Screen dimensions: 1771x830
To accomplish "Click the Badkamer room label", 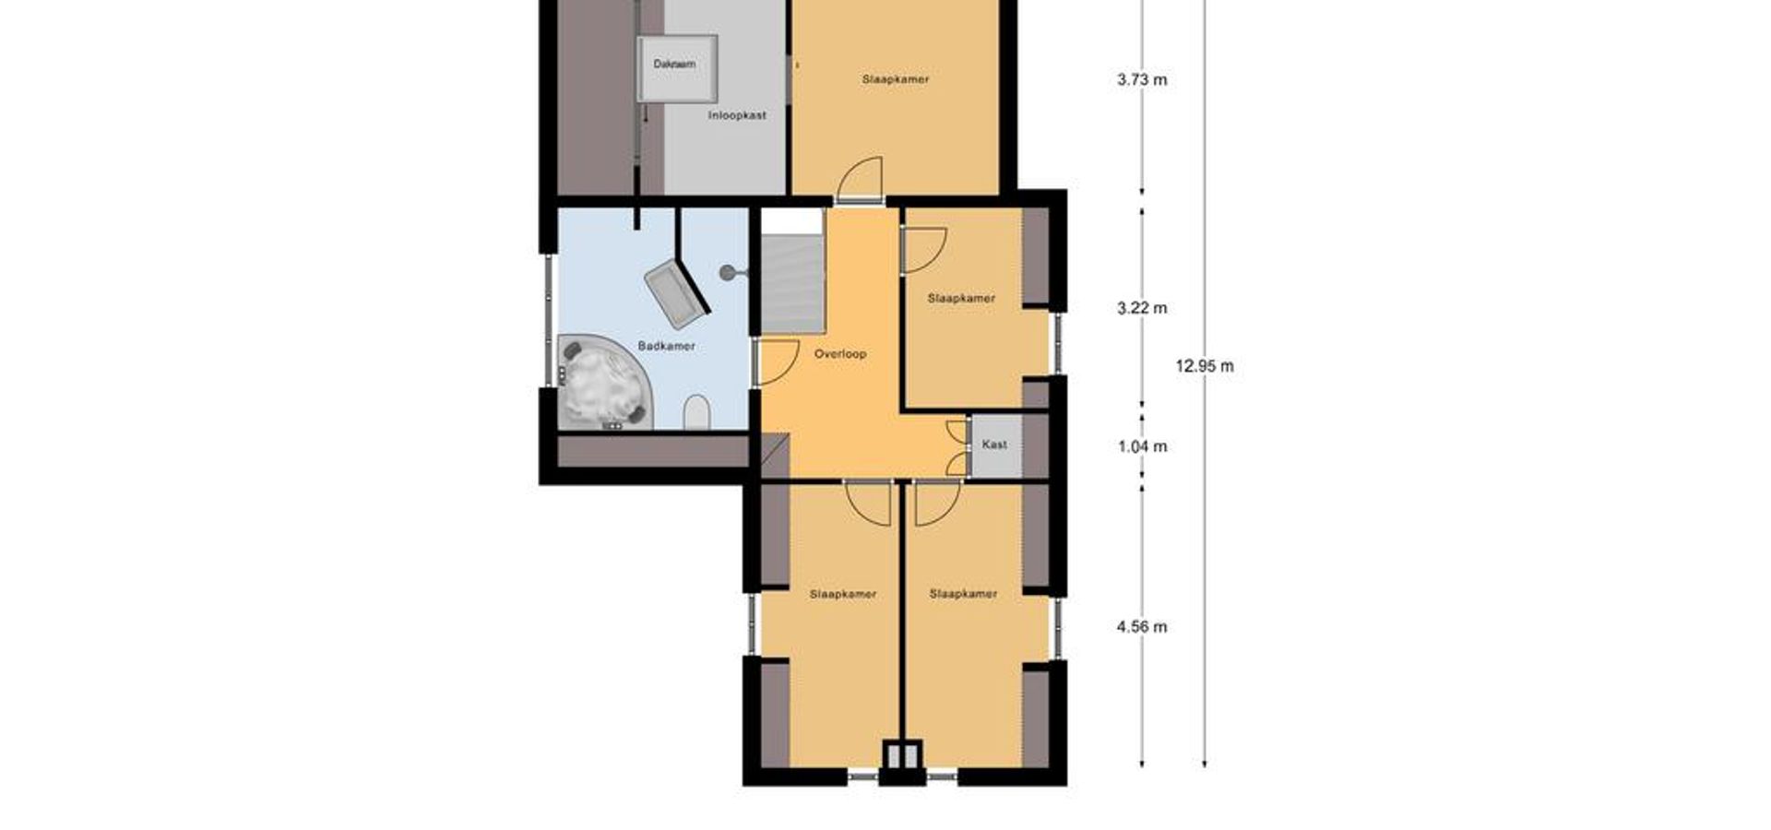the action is tap(666, 346).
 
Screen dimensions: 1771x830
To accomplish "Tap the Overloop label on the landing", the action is tap(839, 353).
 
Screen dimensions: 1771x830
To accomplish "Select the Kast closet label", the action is tap(994, 445).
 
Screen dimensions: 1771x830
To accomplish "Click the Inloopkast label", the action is tap(737, 115).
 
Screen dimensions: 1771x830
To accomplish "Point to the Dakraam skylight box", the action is tap(676, 67).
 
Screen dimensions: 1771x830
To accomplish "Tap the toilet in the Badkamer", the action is tap(697, 412).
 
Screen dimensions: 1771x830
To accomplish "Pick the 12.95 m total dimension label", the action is tap(1204, 366).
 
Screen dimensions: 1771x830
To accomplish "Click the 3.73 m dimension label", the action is tap(1142, 80).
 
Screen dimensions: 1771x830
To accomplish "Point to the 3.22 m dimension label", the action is tap(1142, 308).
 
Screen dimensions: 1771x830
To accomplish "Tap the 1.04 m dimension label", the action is tap(1142, 446).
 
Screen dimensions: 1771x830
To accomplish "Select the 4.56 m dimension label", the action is tap(1142, 627).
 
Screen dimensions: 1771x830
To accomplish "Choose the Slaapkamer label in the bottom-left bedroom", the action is tap(843, 594).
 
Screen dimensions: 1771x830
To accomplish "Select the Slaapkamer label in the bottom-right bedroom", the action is tap(963, 594).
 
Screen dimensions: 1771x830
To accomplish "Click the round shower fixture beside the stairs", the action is tap(729, 272).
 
